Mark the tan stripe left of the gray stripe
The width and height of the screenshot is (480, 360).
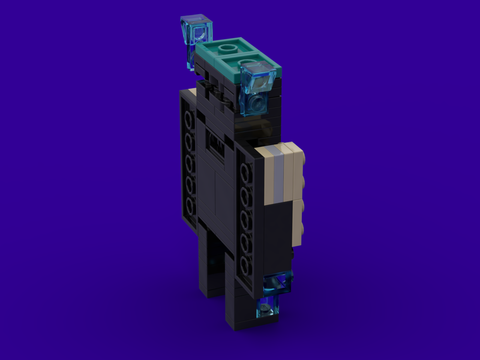267,175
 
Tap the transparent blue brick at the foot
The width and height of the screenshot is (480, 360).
267,306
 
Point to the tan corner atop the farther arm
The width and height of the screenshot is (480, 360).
192,92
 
